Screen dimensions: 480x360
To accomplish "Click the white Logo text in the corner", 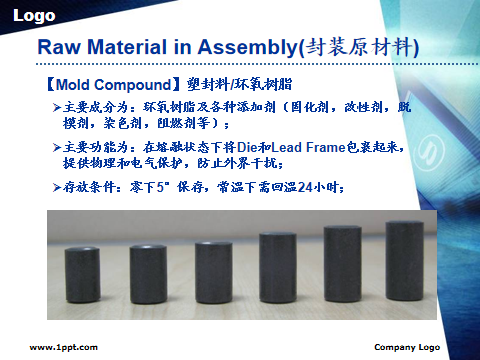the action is (x=34, y=16).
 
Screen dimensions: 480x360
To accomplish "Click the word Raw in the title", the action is (x=59, y=47).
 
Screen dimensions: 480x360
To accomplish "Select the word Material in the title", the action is (x=127, y=47).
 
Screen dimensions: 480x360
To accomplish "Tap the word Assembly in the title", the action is (x=247, y=47).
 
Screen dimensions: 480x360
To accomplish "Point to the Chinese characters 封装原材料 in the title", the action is (x=359, y=47).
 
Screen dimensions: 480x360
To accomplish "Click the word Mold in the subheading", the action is (x=73, y=85).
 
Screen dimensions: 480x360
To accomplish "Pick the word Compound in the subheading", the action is (x=133, y=85).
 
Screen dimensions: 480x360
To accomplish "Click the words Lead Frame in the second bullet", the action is (x=308, y=147).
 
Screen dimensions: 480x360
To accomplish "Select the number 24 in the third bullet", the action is (x=305, y=187).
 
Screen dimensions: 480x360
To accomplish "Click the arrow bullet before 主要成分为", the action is (x=57, y=108).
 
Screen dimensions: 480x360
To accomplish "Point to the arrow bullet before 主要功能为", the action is (x=57, y=147).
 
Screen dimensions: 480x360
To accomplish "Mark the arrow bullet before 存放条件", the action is (x=57, y=187).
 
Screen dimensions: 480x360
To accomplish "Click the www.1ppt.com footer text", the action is (x=64, y=347).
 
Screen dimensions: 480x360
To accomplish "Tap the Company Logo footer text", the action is (x=407, y=347).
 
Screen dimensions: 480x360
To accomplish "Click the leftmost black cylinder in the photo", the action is (x=82, y=275).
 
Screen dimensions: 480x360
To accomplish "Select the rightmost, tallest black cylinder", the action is (x=405, y=261).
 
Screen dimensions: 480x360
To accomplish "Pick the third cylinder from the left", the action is (x=214, y=272).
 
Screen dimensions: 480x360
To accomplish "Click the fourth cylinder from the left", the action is (x=278, y=268).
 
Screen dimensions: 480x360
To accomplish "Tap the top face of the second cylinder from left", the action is (x=148, y=248).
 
